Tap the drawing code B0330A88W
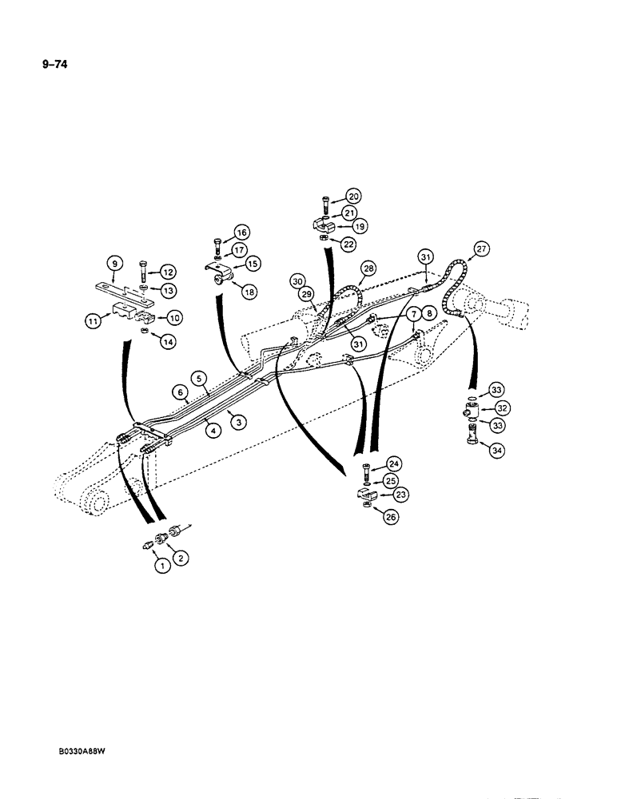(x=83, y=752)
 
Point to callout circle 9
(x=114, y=263)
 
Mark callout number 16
(x=241, y=233)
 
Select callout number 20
(x=353, y=195)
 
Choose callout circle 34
(x=496, y=452)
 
